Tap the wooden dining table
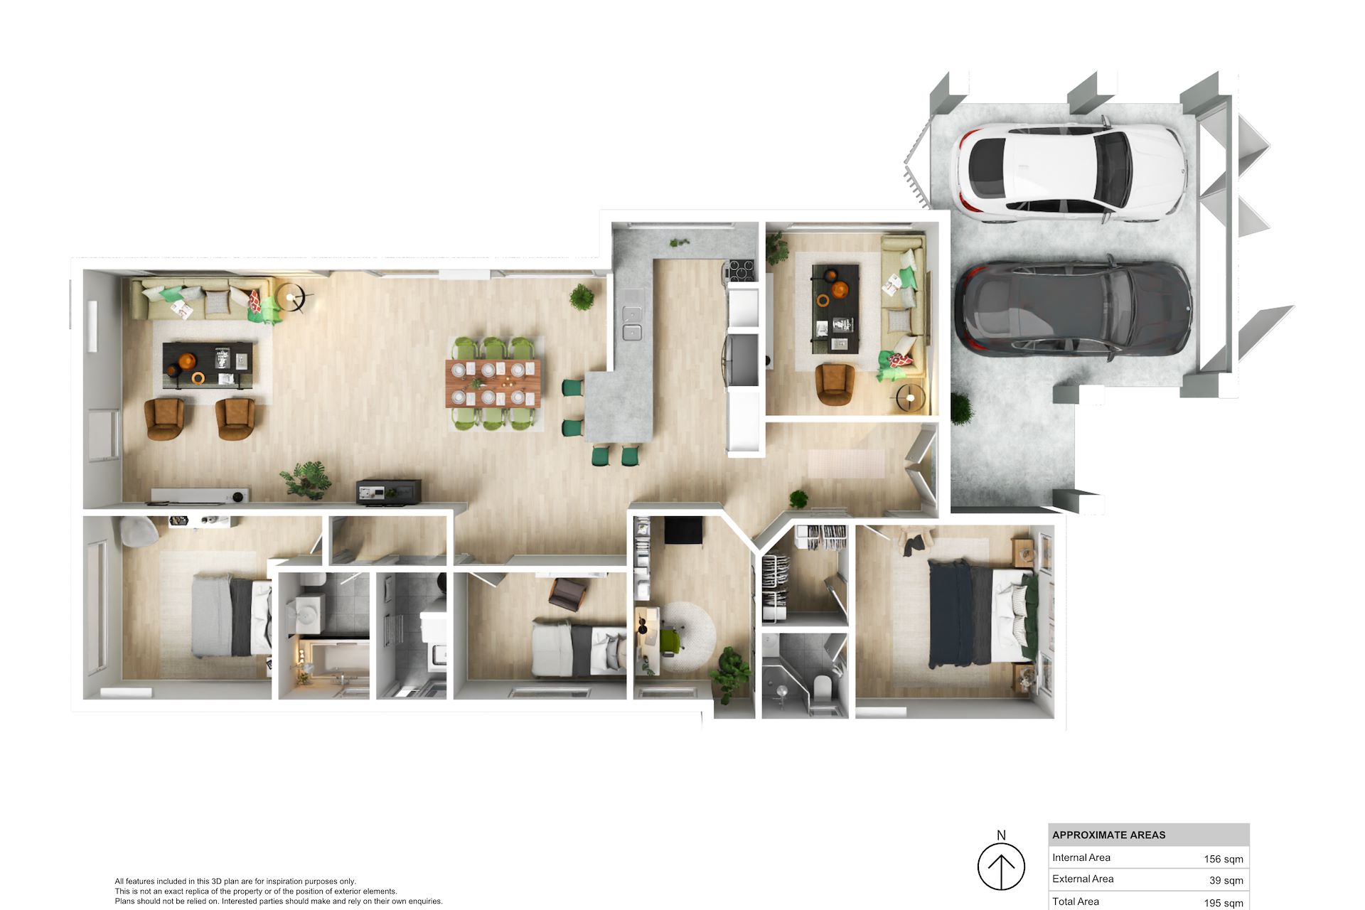pos(493,383)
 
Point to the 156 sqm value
pos(1224,859)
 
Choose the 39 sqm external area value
pos(1226,880)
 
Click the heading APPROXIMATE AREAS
pos(1109,835)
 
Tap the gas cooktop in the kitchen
pos(739,271)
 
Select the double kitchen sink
pos(631,321)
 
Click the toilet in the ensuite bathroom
pos(823,687)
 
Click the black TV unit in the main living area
pos(388,491)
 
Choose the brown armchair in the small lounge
pos(835,384)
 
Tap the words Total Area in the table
pos(1076,901)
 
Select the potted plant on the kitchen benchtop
pos(679,242)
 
